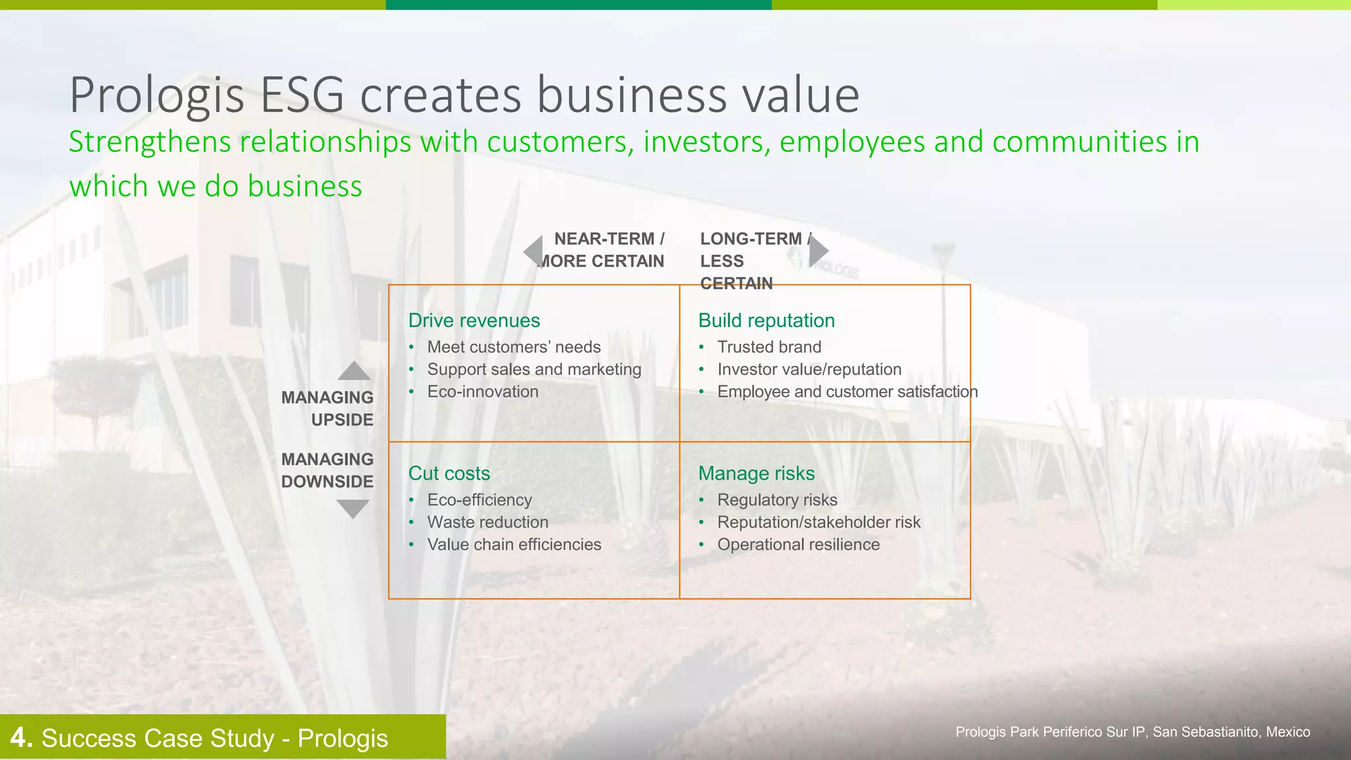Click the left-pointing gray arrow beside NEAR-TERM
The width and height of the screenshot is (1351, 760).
pyautogui.click(x=534, y=251)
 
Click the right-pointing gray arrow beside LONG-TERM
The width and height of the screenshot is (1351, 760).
pyautogui.click(x=818, y=251)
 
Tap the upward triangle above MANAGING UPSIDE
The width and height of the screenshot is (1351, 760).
pyautogui.click(x=354, y=372)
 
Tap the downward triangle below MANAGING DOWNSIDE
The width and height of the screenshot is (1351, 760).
pyautogui.click(x=353, y=508)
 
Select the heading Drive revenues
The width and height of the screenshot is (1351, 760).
pyautogui.click(x=474, y=321)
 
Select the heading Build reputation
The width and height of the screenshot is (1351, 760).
pyautogui.click(x=766, y=321)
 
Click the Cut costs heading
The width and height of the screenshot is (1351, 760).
pyautogui.click(x=449, y=474)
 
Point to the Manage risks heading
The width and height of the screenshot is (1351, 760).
pyautogui.click(x=756, y=474)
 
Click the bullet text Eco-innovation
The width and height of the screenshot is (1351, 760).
pyautogui.click(x=482, y=392)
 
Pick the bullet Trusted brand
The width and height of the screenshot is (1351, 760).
pyautogui.click(x=769, y=347)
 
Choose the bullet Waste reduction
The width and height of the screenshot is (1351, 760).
pyautogui.click(x=487, y=522)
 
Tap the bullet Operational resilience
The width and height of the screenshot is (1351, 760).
pyautogui.click(x=798, y=545)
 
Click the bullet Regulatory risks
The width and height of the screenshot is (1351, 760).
pyautogui.click(x=777, y=500)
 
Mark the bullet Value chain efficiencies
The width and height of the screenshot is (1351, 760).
pyautogui.click(x=514, y=545)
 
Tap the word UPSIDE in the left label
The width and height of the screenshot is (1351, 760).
pyautogui.click(x=342, y=420)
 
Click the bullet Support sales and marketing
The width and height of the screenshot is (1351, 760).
pyautogui.click(x=534, y=369)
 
